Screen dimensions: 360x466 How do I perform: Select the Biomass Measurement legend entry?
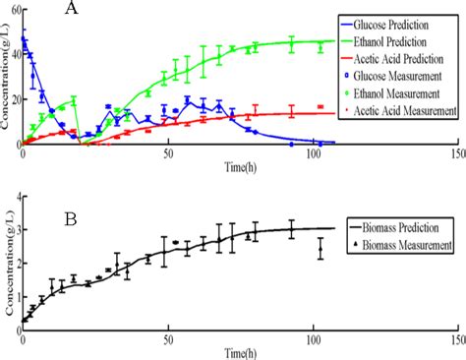click(404, 242)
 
